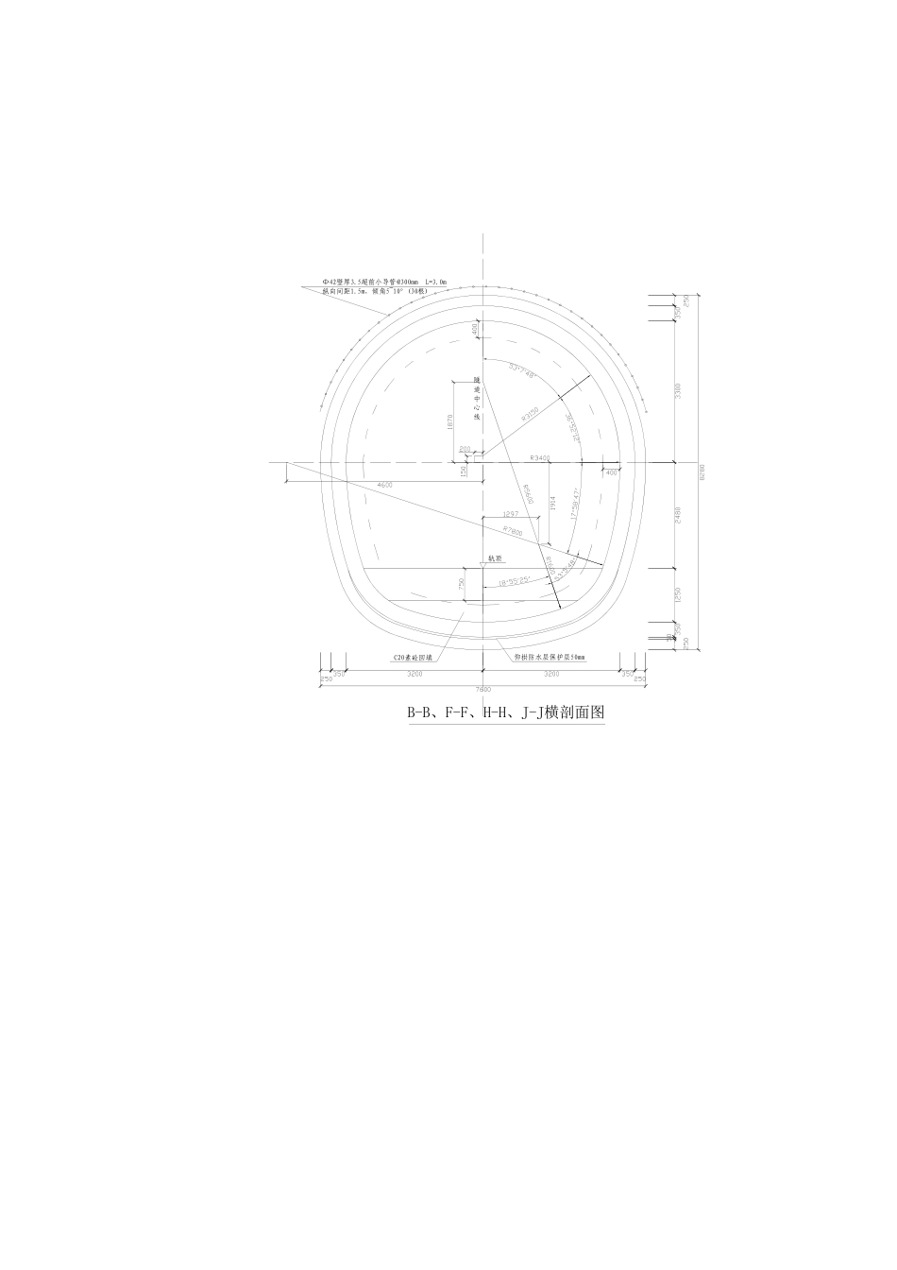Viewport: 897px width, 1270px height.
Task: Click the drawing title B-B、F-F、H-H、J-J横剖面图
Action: click(505, 714)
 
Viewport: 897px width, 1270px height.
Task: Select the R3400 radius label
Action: click(540, 458)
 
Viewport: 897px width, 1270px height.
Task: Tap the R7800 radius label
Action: click(513, 530)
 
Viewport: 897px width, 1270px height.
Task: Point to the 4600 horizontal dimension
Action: click(384, 485)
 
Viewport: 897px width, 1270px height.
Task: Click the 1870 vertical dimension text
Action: click(450, 422)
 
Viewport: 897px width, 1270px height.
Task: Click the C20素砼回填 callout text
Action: click(413, 657)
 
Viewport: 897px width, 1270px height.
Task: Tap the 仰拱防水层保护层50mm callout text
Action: click(550, 657)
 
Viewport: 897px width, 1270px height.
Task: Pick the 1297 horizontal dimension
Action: click(513, 514)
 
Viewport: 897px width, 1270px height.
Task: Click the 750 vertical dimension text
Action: click(462, 585)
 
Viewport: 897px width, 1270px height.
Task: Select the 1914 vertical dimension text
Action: click(551, 504)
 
